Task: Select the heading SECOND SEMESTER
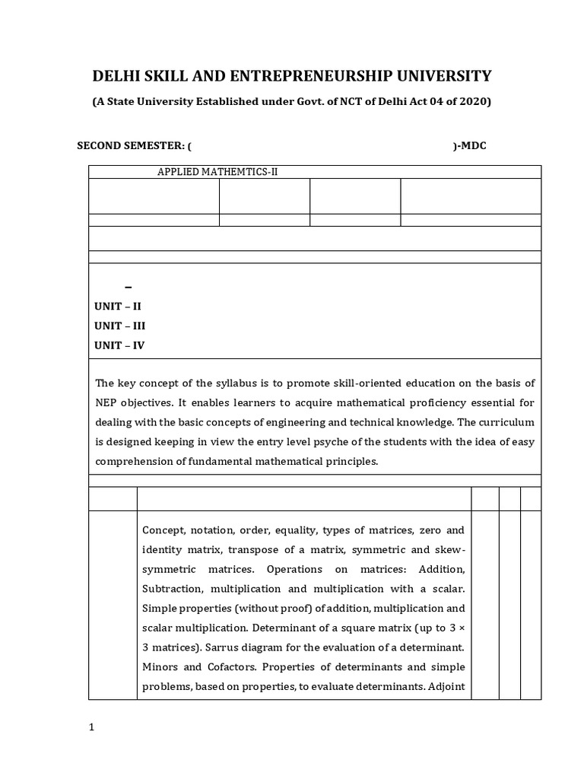[x=130, y=145]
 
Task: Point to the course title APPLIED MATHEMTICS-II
[x=217, y=172]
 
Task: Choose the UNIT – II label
[x=118, y=306]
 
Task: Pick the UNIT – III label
[x=120, y=326]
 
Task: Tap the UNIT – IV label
[x=119, y=345]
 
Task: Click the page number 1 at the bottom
[x=92, y=727]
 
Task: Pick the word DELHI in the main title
[x=116, y=75]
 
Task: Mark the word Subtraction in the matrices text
[x=172, y=589]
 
